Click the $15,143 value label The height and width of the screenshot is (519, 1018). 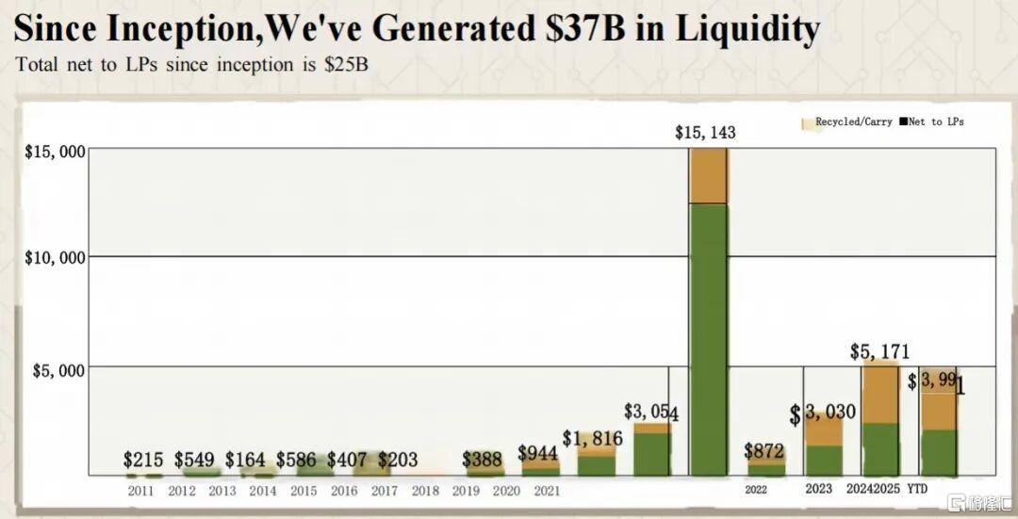pyautogui.click(x=705, y=133)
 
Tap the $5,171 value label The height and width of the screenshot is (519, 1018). pyautogui.click(x=879, y=352)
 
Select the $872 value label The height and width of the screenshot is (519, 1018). pyautogui.click(x=763, y=451)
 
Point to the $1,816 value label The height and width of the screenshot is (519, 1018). pyautogui.click(x=592, y=438)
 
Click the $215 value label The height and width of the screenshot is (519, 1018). pyautogui.click(x=143, y=461)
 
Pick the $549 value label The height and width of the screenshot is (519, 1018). pyautogui.click(x=194, y=461)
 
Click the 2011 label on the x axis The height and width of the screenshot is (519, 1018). pyautogui.click(x=142, y=490)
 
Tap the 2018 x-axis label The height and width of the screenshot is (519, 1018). pyautogui.click(x=425, y=490)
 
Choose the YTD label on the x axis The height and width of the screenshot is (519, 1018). pyautogui.click(x=917, y=489)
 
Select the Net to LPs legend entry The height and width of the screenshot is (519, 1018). pyautogui.click(x=936, y=122)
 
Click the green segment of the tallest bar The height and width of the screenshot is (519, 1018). pyautogui.click(x=708, y=339)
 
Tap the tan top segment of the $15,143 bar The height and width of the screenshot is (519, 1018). pyautogui.click(x=708, y=176)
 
